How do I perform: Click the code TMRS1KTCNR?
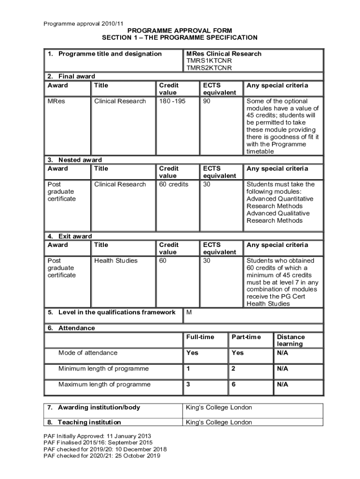209,61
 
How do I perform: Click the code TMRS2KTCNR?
209,68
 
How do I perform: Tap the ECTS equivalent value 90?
207,101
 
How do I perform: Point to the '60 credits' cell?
174,184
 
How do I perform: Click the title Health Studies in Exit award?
116,261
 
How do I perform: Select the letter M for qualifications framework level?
189,312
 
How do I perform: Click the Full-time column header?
200,337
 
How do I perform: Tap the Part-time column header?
246,337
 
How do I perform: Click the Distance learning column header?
291,340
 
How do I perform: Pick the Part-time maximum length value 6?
234,385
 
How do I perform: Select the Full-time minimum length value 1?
188,369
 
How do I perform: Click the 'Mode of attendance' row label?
88,353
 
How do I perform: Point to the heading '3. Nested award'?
75,160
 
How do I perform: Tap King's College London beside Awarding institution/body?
219,407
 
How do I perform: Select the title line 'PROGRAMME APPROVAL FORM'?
180,30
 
